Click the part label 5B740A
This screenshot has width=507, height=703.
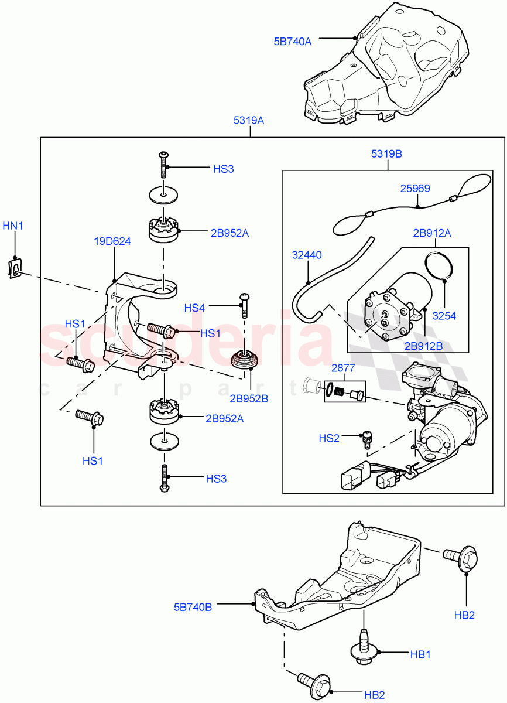point(293,42)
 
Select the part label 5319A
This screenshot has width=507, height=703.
point(249,121)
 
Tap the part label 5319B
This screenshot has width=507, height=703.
point(386,154)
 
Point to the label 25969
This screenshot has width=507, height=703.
point(415,189)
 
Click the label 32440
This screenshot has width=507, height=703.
point(307,255)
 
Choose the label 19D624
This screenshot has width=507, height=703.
point(112,241)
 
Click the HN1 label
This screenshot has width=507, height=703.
point(13,226)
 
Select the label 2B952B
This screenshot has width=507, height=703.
point(249,399)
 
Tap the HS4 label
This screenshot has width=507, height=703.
point(195,308)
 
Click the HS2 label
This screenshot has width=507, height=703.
point(329,438)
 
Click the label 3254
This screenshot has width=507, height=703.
point(444,316)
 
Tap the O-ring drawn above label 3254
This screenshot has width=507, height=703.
point(439,265)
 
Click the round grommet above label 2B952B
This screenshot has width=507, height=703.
point(245,360)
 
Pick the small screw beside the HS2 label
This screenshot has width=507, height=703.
point(368,439)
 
